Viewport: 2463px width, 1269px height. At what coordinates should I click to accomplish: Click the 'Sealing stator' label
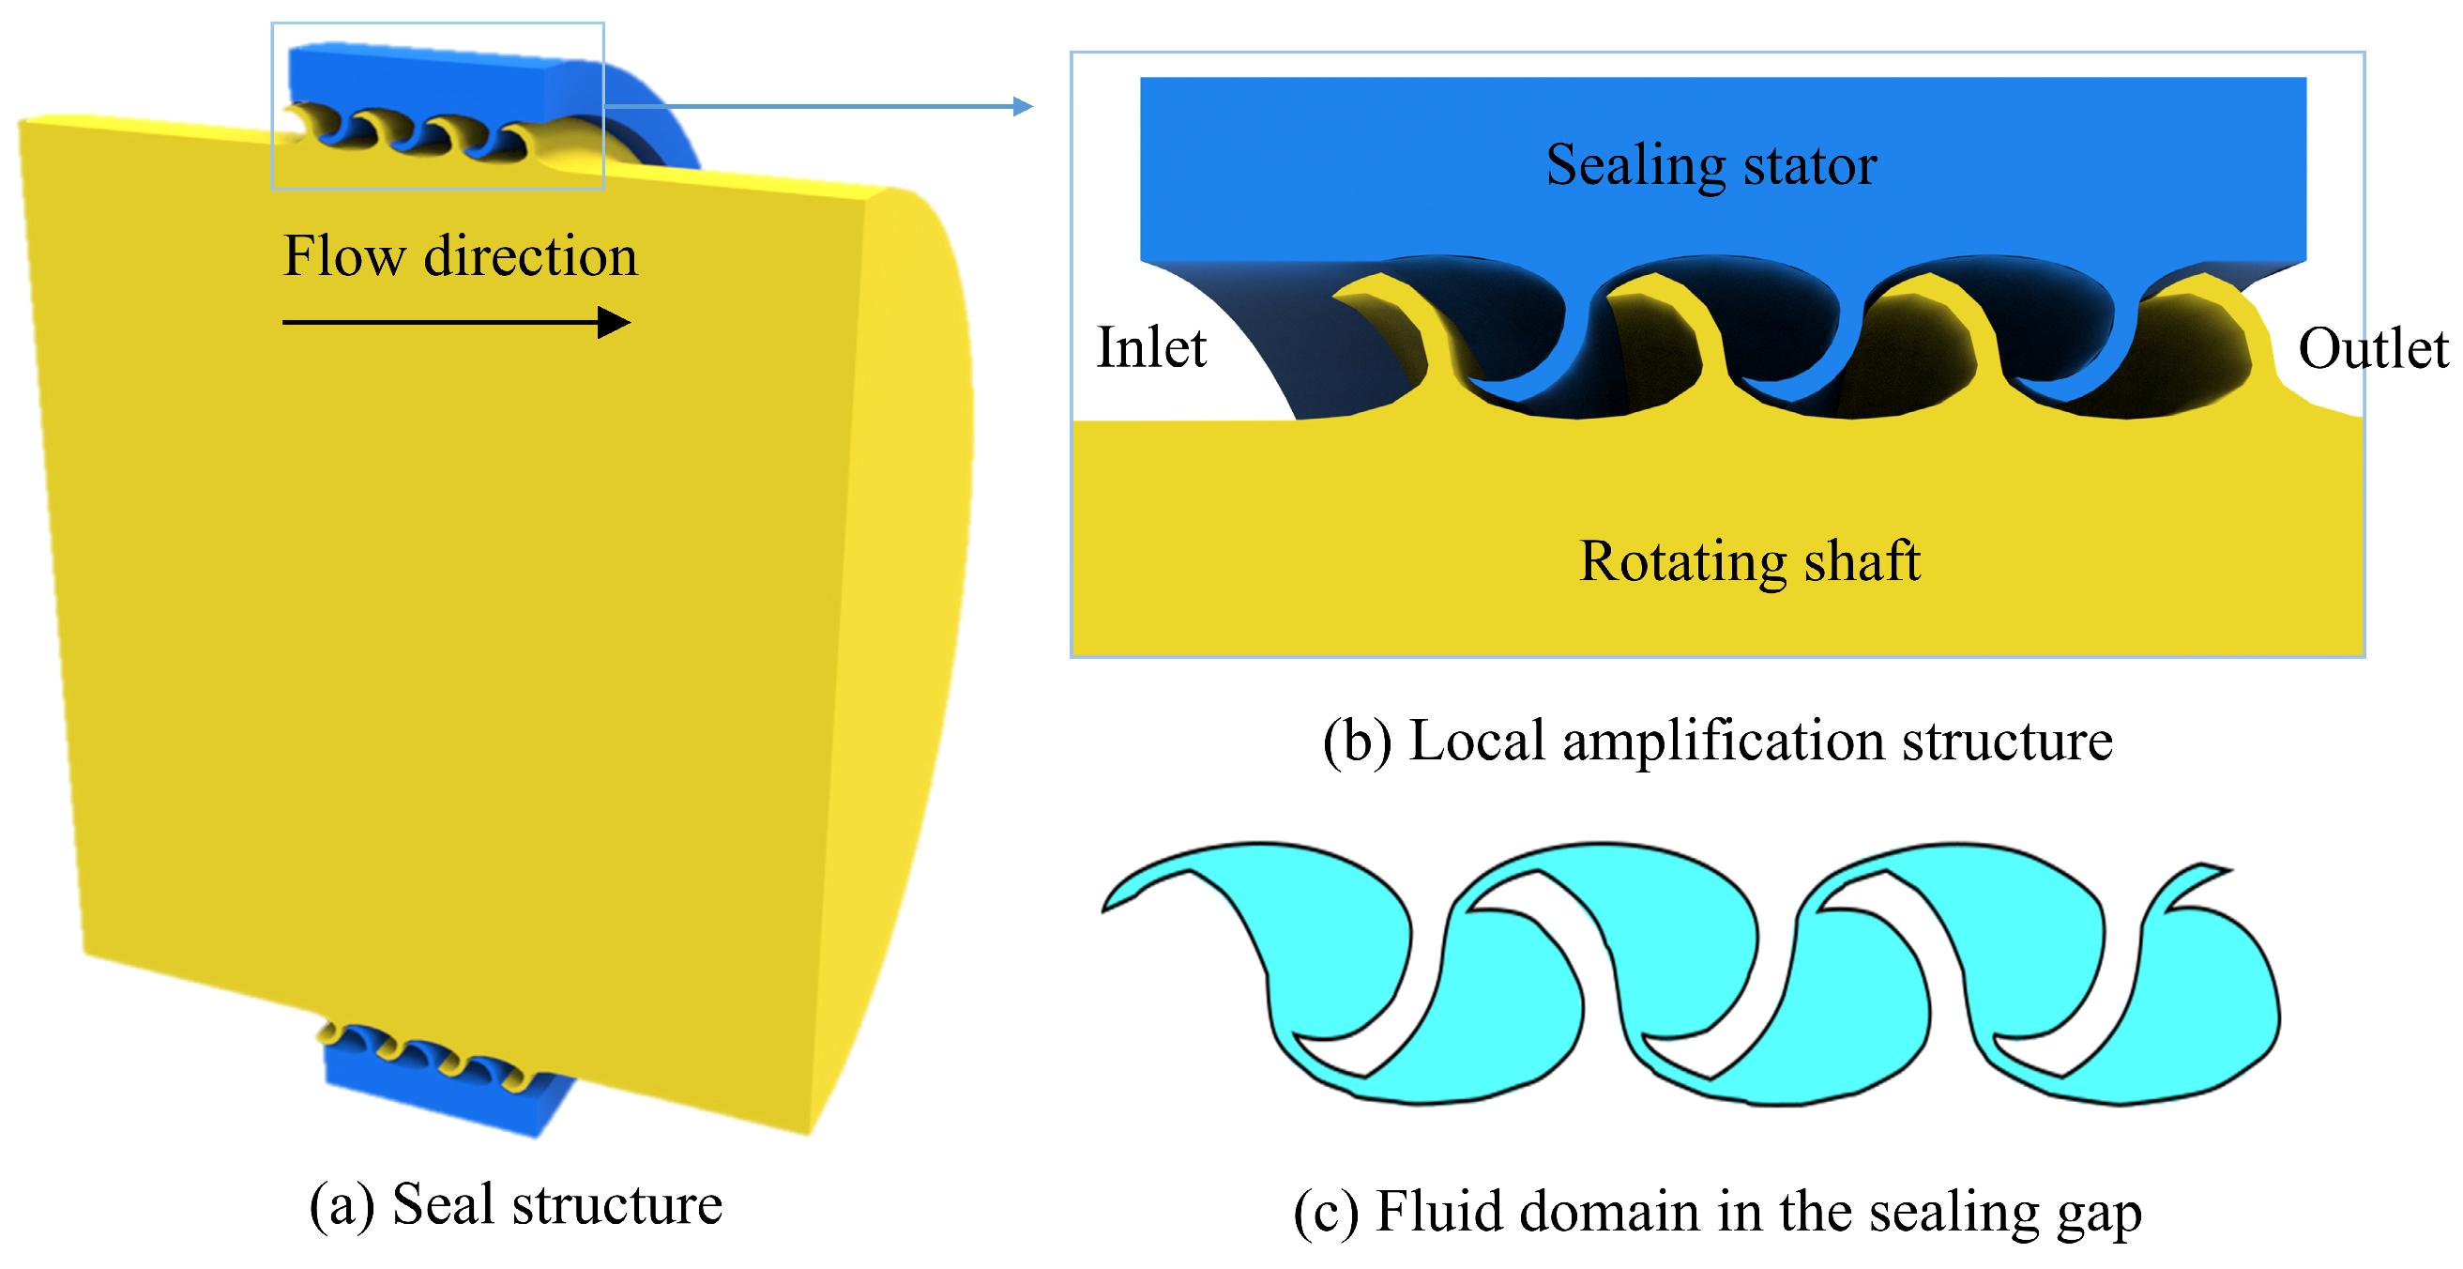(x=1711, y=165)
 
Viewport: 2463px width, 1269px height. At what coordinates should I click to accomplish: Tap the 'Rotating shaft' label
(x=1749, y=561)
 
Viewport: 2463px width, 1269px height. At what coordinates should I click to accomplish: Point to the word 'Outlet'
(x=2372, y=349)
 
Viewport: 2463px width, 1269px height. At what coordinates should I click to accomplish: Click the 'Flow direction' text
(x=460, y=256)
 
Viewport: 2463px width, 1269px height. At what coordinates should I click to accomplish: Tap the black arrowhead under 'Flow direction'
(x=613, y=322)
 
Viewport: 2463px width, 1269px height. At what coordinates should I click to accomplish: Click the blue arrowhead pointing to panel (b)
(x=1022, y=106)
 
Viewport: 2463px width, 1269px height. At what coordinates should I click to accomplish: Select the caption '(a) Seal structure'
(x=515, y=1204)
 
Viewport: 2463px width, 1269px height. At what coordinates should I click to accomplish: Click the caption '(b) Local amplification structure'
(x=1717, y=742)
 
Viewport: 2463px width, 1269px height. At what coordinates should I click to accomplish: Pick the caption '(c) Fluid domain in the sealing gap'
(x=1717, y=1212)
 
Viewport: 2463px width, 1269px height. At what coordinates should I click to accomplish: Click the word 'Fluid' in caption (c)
(x=1439, y=1212)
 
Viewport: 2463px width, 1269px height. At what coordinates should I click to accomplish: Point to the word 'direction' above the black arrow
(x=531, y=256)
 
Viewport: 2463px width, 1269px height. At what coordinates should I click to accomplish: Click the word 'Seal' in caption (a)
(x=444, y=1204)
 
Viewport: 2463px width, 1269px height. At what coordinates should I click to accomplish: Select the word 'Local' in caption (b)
(x=1477, y=742)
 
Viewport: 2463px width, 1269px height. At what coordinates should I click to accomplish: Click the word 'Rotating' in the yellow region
(x=1682, y=563)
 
